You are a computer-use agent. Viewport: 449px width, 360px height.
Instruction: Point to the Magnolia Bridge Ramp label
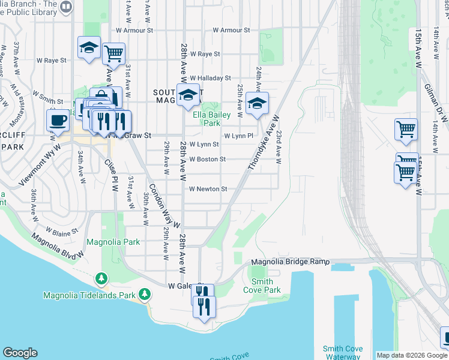[291, 262]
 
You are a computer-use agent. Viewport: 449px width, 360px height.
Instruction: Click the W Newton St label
[208, 189]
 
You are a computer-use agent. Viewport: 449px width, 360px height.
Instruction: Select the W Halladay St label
[210, 78]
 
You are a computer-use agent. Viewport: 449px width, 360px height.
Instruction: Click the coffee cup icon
[59, 119]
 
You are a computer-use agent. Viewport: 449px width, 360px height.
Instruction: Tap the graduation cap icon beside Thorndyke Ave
[257, 104]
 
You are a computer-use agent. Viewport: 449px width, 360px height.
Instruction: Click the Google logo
[20, 353]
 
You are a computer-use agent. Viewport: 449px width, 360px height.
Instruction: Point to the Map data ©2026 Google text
[411, 355]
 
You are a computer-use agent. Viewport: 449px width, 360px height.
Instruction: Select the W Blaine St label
[63, 230]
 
